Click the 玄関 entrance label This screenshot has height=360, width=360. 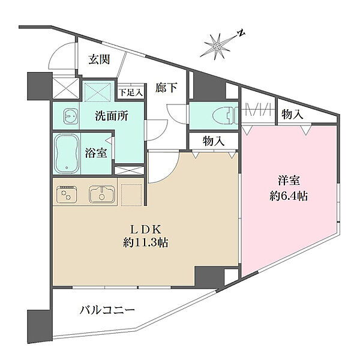(x=99, y=59)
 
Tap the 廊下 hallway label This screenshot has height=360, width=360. (x=166, y=88)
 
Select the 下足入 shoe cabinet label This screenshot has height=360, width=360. (x=131, y=93)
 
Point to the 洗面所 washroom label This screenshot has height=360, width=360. (x=112, y=116)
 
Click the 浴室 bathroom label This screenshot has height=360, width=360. (x=96, y=152)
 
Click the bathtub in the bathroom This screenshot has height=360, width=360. (x=67, y=154)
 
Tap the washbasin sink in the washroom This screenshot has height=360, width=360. (x=71, y=116)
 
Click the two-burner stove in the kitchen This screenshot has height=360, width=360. (x=67, y=194)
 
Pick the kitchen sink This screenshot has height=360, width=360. (x=102, y=194)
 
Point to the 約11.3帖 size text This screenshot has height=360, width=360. (x=146, y=242)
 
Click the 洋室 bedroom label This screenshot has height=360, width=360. (x=289, y=180)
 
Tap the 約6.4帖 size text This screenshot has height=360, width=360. (x=289, y=196)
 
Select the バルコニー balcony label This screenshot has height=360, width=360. (x=107, y=311)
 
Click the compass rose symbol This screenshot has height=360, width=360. (x=217, y=47)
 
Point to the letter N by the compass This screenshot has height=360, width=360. (x=241, y=34)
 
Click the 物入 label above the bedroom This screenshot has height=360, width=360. (x=292, y=114)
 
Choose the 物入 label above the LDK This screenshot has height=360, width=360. (x=214, y=141)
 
